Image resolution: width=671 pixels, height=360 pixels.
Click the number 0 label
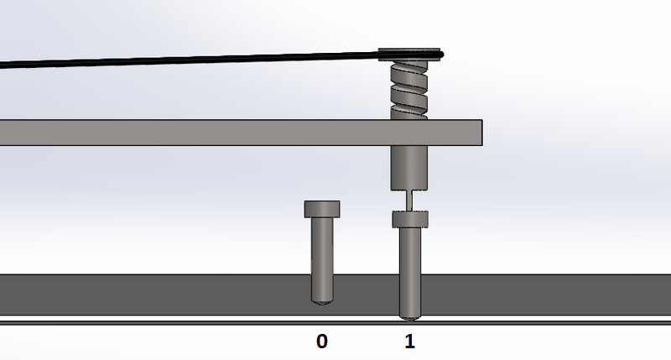point(322,342)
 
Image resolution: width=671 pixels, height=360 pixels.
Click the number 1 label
point(409,342)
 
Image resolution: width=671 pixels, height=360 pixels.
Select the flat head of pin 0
point(323,208)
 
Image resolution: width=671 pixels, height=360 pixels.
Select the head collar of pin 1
point(409,219)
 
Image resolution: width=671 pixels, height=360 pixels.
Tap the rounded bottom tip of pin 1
point(409,316)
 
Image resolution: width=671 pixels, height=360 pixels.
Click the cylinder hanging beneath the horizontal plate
point(409,168)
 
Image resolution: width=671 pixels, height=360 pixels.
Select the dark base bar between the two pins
point(366,294)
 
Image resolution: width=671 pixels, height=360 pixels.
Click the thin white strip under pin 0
point(323,320)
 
